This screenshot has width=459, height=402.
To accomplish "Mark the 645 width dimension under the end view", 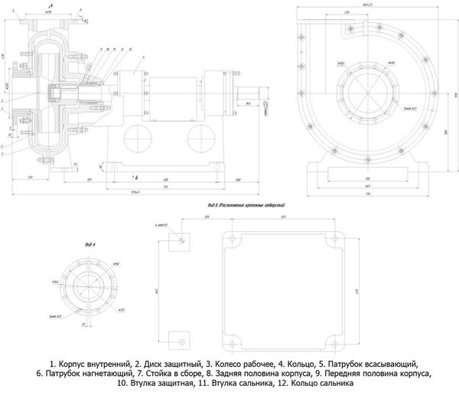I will [369, 185].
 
